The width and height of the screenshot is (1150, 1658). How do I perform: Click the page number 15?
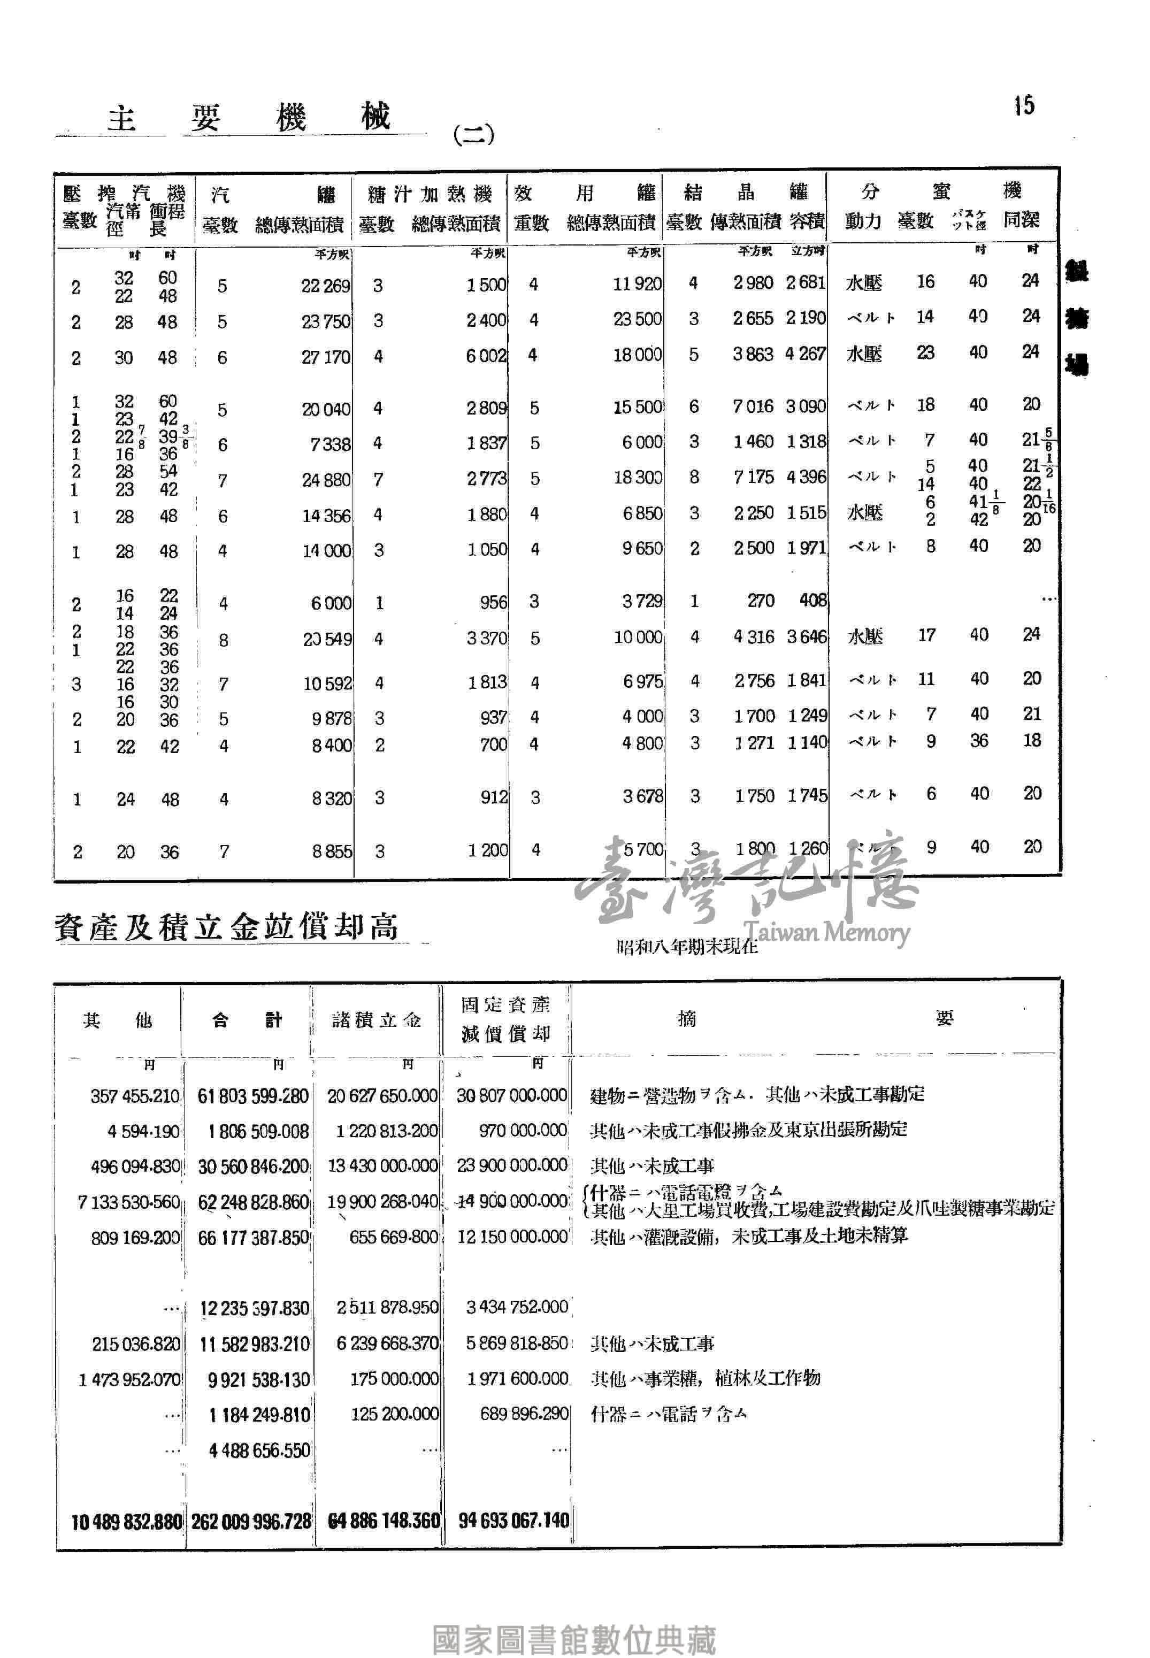coord(1024,106)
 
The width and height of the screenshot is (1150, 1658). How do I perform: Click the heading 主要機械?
coord(249,118)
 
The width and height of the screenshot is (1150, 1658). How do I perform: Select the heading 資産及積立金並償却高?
coord(226,927)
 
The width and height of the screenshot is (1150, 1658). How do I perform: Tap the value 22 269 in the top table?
coord(325,286)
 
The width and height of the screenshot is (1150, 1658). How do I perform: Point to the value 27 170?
coord(325,357)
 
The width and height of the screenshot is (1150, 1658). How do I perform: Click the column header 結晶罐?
coord(745,193)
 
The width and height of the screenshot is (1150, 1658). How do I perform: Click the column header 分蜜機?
coord(940,191)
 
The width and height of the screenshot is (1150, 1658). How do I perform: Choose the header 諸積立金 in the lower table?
coord(376,1019)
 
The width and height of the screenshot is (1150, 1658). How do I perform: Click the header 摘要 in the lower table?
coord(814,1018)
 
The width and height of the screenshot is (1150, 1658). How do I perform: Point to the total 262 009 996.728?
coord(251,1521)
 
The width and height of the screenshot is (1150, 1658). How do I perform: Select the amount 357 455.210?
coord(135,1096)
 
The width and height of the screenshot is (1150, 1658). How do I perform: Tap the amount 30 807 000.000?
coord(511,1095)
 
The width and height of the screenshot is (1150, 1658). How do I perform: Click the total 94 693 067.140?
coord(513,1521)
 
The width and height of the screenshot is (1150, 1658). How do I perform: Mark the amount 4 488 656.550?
coord(259,1450)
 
